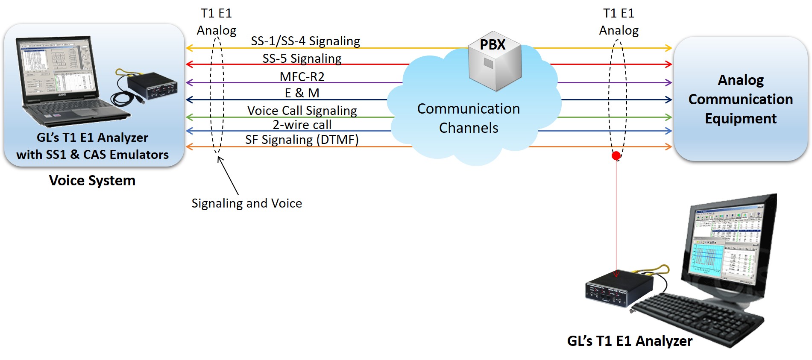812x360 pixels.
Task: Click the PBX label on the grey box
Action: click(492, 45)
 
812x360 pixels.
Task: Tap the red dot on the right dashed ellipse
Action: click(616, 156)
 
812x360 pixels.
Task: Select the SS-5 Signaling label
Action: click(302, 59)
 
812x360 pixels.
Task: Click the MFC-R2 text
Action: click(302, 76)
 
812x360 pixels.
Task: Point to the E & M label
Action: click(302, 93)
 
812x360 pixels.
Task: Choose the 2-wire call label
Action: click(302, 125)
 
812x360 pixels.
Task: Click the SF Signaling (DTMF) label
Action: click(302, 140)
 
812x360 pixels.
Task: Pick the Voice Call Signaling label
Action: click(302, 111)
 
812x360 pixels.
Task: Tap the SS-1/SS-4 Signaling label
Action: click(305, 41)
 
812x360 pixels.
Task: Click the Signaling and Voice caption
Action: click(246, 203)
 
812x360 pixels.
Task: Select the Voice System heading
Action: click(92, 180)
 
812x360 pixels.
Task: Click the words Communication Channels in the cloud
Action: click(469, 118)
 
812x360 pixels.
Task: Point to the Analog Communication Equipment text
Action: click(741, 99)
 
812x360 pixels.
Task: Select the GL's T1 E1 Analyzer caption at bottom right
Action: click(630, 341)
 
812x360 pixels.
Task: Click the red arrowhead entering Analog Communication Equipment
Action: click(668, 64)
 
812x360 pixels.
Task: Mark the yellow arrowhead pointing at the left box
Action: click(189, 48)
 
